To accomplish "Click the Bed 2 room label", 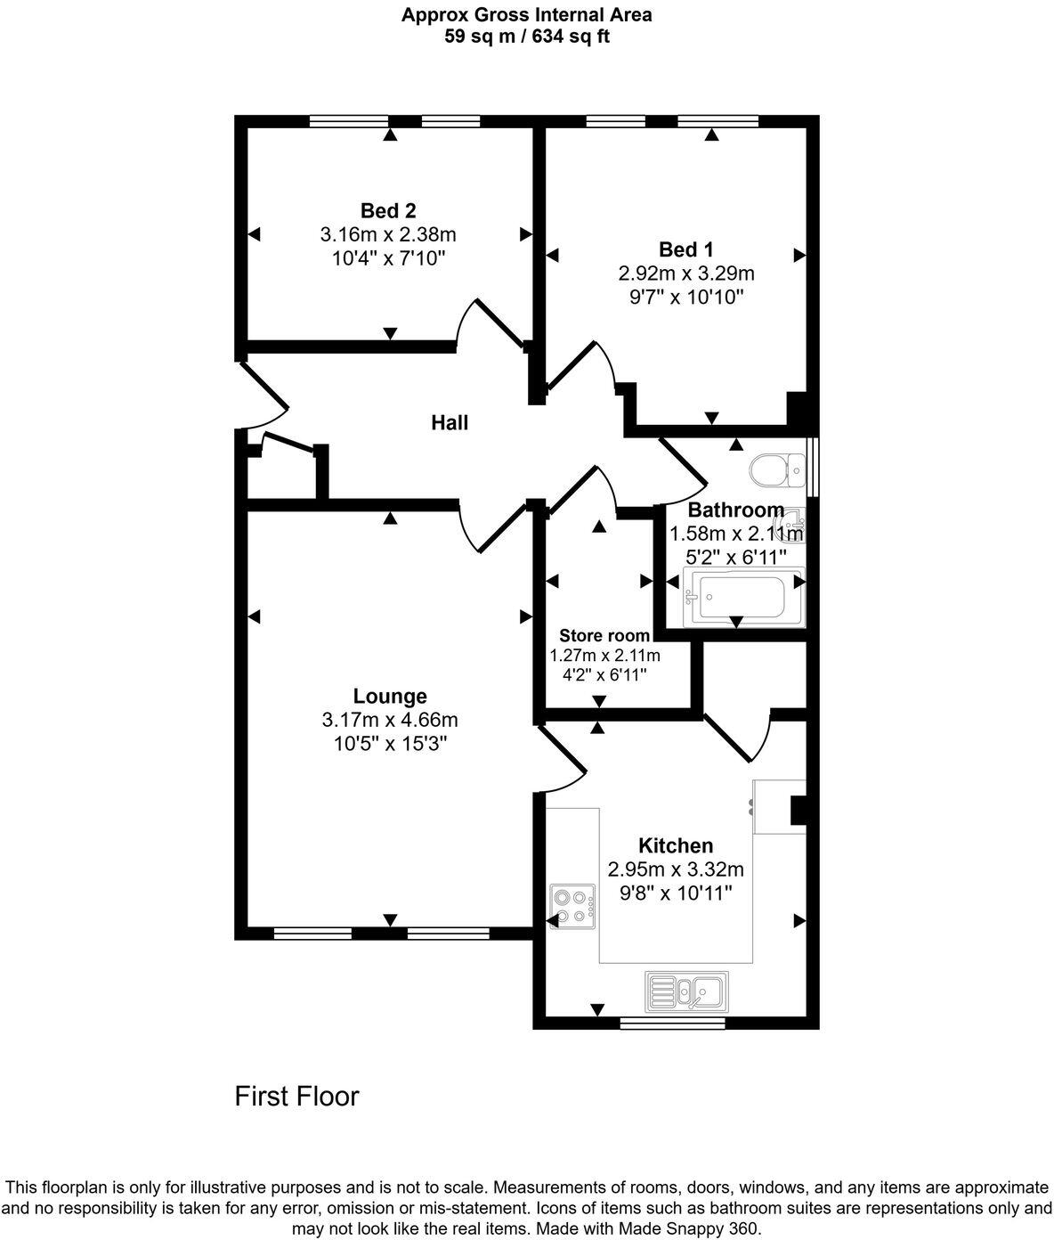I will point(388,211).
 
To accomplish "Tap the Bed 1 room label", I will point(685,249).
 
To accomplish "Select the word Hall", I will point(450,423).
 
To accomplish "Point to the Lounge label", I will point(390,697).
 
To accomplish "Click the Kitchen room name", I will point(676,845).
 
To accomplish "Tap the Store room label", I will point(604,636).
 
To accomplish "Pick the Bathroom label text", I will point(736,510).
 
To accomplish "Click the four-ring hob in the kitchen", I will point(572,907).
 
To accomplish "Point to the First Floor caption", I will point(296,1096).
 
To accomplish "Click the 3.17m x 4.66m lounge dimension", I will point(390,720).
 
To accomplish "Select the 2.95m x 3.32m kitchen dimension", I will point(676,869).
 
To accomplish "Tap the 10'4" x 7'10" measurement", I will point(388,258).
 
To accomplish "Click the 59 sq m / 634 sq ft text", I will point(527,37).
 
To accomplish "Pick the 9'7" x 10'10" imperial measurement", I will point(685,297).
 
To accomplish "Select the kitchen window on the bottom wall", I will point(672,1023).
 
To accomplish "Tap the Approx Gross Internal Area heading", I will point(527,14).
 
